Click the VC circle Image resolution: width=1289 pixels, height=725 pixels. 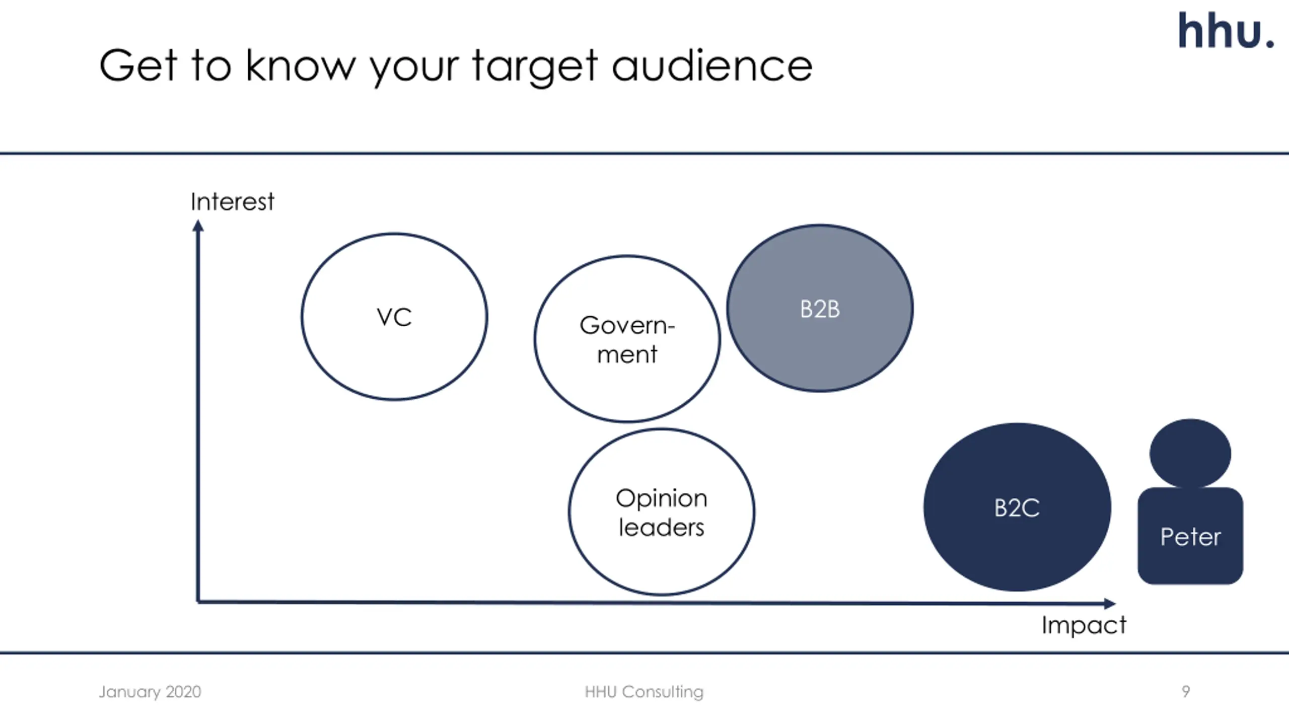point(394,317)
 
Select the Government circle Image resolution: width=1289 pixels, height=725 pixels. point(627,339)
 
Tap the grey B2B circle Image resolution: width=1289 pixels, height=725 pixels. point(820,308)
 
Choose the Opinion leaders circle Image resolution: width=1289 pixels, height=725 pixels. point(661,512)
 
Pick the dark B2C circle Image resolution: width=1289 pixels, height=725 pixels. point(1017,507)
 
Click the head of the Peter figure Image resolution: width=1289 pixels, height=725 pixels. point(1190,453)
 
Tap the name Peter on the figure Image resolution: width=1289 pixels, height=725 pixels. point(1190,537)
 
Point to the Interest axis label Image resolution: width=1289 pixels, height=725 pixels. point(232,202)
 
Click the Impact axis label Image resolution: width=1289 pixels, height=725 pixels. point(1084,625)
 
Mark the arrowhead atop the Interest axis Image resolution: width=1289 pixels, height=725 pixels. point(198,226)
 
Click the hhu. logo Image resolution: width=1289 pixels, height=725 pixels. point(1226,31)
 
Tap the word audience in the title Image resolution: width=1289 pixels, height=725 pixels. point(712,65)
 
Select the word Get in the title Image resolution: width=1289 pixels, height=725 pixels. point(138,65)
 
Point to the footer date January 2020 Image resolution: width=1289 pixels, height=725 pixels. point(150,692)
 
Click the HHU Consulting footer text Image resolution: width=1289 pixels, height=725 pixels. point(644,692)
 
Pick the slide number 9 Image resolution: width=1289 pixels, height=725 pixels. point(1186,691)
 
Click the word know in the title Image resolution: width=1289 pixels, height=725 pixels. point(301,65)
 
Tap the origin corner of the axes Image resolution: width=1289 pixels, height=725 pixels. point(198,601)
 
